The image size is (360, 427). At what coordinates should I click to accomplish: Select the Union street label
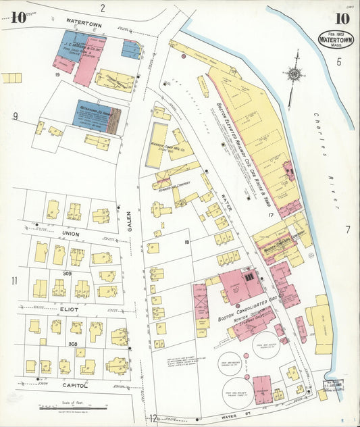point(71,234)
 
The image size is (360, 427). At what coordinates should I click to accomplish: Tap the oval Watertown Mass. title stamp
point(336,39)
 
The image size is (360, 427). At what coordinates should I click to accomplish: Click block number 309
point(68,273)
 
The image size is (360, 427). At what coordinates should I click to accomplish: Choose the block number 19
point(58,73)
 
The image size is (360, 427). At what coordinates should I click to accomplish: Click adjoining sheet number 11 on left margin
point(14,280)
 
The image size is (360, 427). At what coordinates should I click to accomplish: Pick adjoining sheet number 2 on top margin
point(103,8)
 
